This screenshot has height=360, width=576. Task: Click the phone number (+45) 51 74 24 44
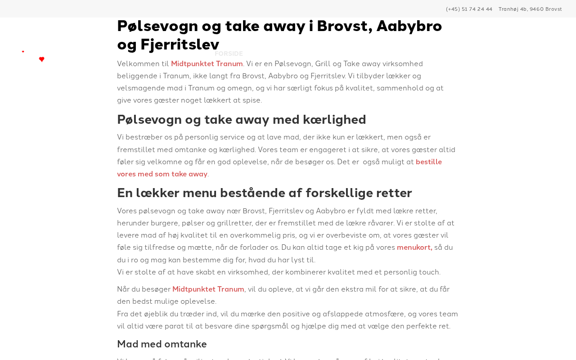tap(469, 9)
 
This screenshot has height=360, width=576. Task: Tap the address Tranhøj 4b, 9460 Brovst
tap(530, 9)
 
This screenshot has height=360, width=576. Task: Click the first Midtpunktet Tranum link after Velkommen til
tap(207, 64)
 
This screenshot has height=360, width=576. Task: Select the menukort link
tap(414, 247)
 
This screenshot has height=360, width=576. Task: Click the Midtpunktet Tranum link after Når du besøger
tap(208, 289)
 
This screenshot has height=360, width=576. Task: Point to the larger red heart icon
tap(41, 59)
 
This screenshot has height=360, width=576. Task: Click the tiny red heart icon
tap(23, 52)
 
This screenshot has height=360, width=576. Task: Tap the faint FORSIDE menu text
tap(229, 54)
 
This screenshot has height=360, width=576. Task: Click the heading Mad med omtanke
tap(162, 344)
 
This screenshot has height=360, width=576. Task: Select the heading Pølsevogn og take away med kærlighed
tap(241, 120)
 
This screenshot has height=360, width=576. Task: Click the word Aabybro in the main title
tap(409, 26)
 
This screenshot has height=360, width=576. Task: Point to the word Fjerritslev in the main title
tap(180, 45)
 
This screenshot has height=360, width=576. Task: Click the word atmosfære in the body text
tap(412, 314)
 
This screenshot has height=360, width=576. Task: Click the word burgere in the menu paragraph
tap(164, 223)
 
